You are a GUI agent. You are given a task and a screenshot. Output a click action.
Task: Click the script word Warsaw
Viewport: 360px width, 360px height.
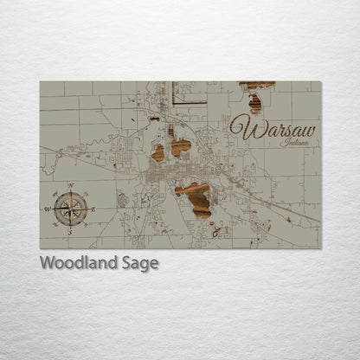click(x=273, y=129)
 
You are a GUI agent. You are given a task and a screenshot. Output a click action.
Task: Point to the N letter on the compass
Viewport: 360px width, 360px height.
click(x=69, y=186)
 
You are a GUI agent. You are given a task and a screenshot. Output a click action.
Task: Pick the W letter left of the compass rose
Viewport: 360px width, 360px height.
click(x=47, y=209)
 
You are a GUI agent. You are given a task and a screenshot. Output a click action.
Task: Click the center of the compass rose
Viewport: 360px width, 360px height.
click(x=69, y=208)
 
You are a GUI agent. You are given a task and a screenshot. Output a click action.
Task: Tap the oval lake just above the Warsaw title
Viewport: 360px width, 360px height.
click(x=254, y=104)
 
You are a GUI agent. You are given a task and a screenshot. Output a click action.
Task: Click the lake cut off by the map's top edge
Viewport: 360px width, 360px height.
click(x=257, y=85)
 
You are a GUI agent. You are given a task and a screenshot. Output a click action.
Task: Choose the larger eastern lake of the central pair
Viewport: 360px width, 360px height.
click(x=181, y=146)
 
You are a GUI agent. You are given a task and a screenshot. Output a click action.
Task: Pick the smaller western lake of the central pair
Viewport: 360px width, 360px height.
click(x=158, y=153)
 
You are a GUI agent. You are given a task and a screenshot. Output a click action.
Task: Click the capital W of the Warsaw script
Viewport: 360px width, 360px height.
click(x=242, y=127)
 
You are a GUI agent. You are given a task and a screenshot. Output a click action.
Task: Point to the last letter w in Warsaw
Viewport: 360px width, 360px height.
click(x=306, y=130)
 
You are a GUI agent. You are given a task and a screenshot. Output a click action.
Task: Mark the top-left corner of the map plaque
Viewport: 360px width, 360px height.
click(x=40, y=81)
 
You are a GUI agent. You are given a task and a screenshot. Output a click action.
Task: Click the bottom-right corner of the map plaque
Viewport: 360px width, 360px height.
click(x=320, y=248)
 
